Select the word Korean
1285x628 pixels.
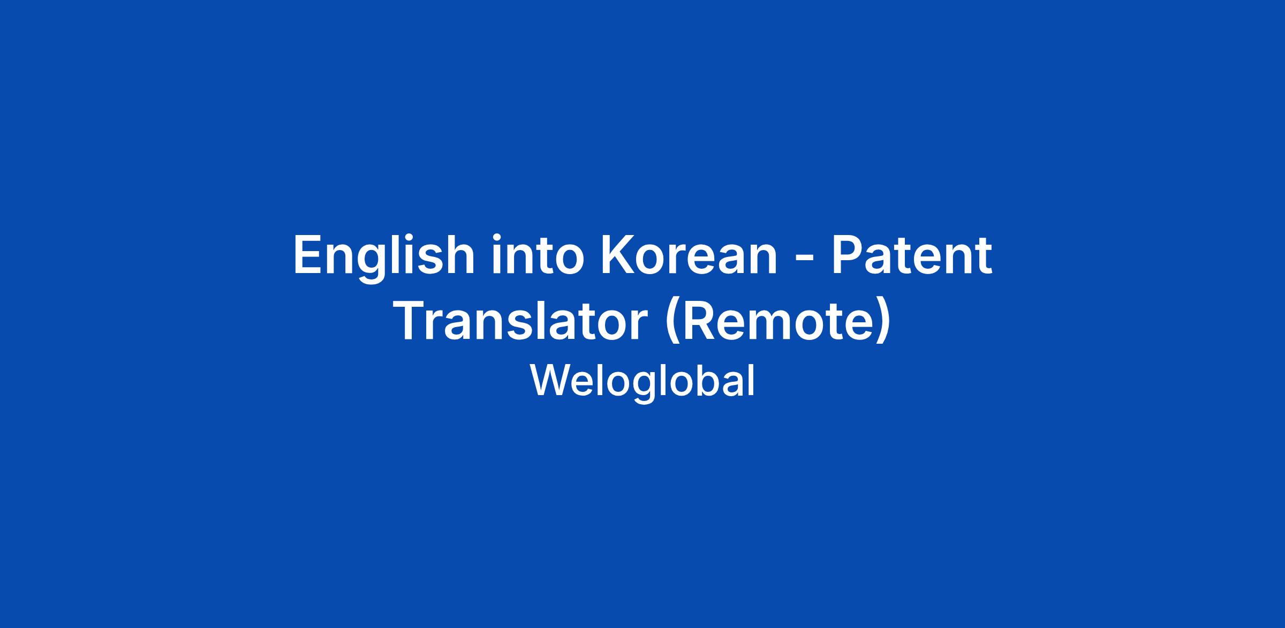689,255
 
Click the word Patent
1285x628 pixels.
911,255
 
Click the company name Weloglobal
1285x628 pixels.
642,381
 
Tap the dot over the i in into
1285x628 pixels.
498,237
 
